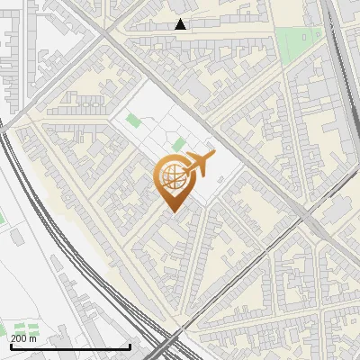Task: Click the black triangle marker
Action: tap(181, 24)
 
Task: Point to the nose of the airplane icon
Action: tap(213, 157)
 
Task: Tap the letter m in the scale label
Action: tap(33, 338)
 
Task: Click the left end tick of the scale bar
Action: tap(9, 346)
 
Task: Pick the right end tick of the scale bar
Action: tap(130, 346)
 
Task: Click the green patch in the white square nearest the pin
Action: tap(179, 144)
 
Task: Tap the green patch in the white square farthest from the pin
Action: tap(134, 120)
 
